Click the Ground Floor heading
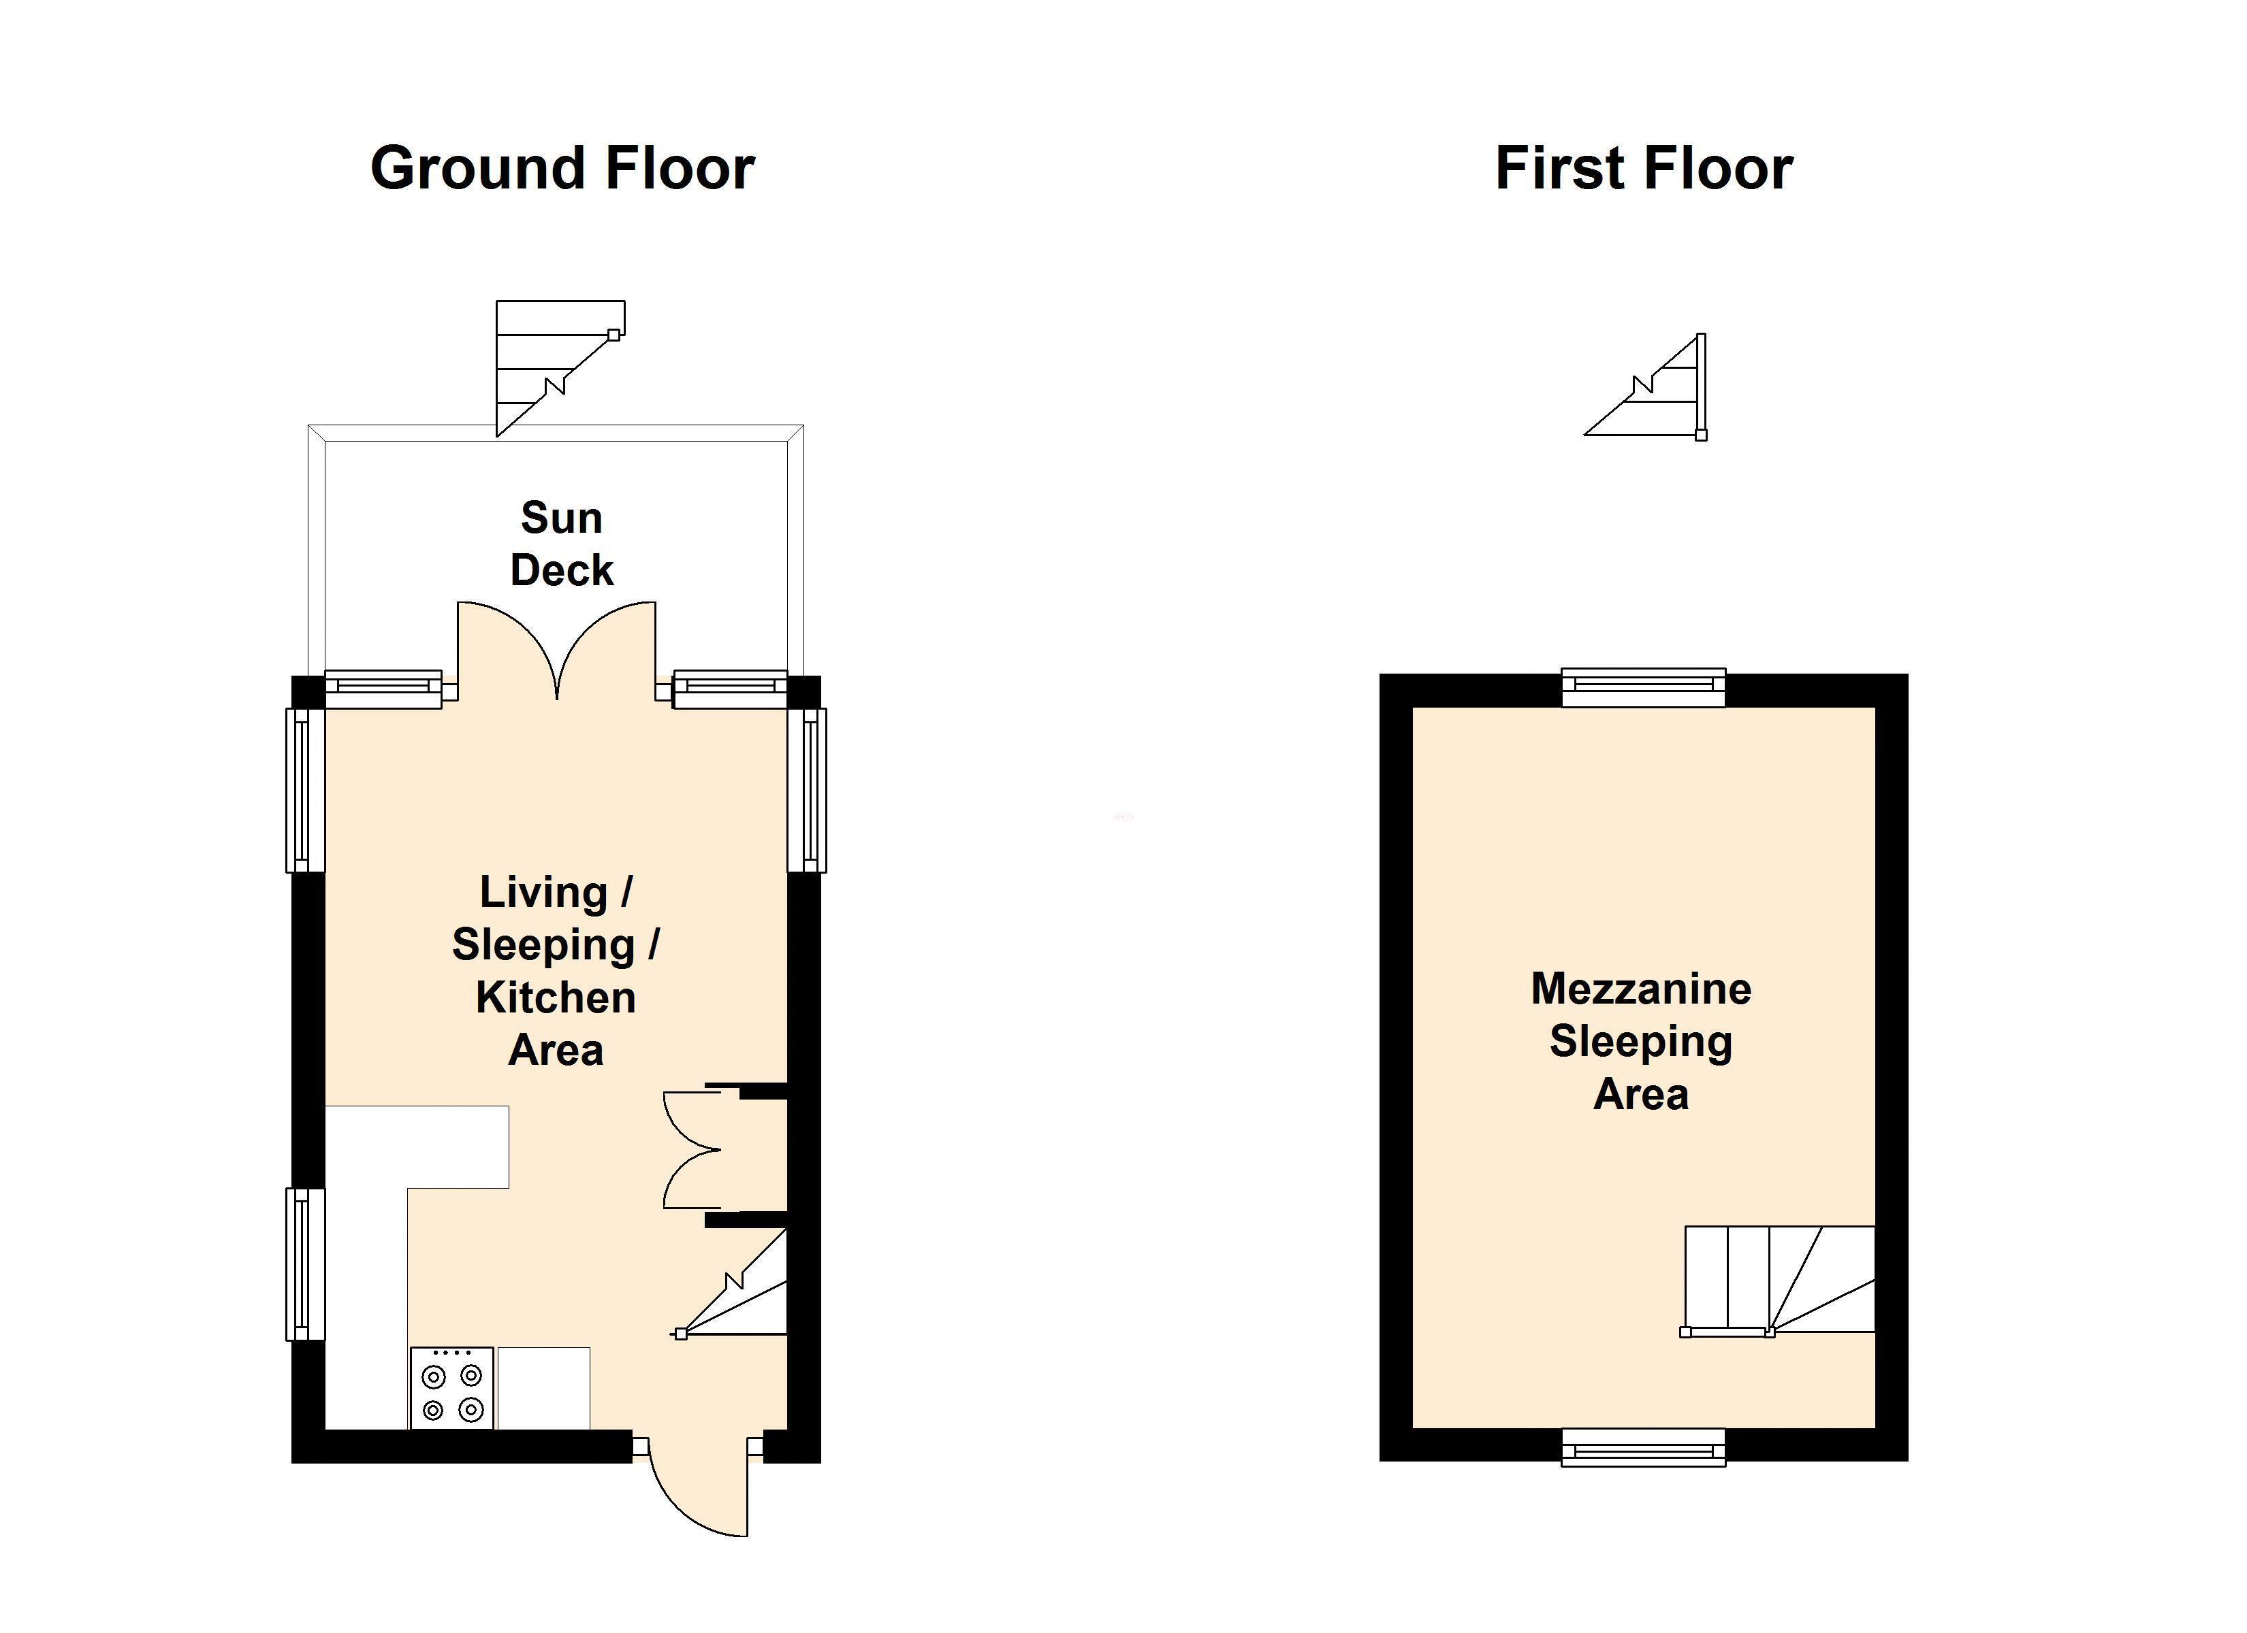562,168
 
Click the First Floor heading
1644,168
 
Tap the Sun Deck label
562,544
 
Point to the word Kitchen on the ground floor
556,997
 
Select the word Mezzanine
1642,989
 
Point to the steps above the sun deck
560,368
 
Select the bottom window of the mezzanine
1644,1447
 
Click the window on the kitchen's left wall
305,1265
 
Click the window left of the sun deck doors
383,689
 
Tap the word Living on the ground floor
543,892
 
